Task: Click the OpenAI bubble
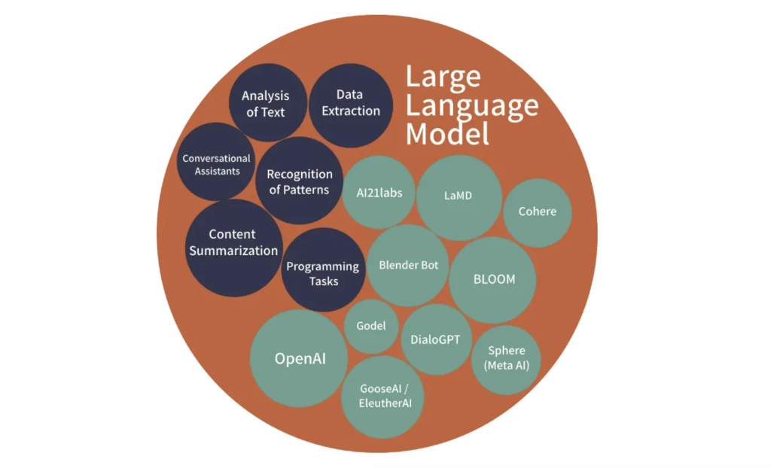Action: click(299, 359)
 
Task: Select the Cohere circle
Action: click(538, 211)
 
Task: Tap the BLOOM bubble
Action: click(493, 279)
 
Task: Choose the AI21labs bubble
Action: click(379, 193)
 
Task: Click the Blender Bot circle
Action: click(408, 265)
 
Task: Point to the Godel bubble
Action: click(371, 326)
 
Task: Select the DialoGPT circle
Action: click(436, 339)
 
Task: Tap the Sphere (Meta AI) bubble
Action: click(506, 359)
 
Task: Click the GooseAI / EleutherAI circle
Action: click(382, 396)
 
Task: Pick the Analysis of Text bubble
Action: click(266, 104)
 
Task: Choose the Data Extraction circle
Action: click(350, 103)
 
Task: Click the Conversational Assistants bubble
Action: click(217, 164)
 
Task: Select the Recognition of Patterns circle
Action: click(299, 181)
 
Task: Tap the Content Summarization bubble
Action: click(233, 242)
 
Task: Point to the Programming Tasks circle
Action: click(323, 273)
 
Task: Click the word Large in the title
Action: click(443, 77)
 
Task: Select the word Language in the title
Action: click(472, 105)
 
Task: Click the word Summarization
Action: click(233, 251)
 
